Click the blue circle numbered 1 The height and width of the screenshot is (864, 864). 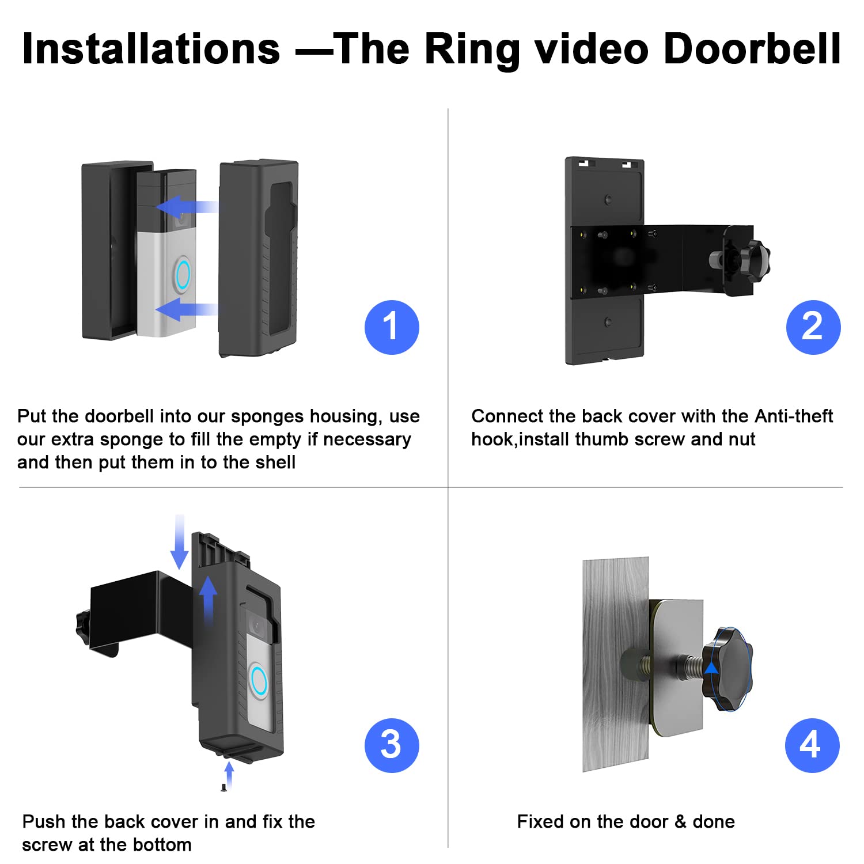[392, 327]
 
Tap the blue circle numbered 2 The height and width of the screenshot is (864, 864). [813, 327]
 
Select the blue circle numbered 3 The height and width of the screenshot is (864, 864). [392, 745]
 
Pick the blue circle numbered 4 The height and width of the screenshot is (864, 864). [812, 745]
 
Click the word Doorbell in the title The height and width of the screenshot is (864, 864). [752, 49]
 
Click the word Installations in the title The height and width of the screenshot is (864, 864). [151, 49]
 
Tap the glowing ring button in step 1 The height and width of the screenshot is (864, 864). [183, 275]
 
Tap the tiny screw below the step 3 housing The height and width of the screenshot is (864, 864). [223, 787]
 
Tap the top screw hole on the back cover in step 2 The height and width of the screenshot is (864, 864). [608, 199]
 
